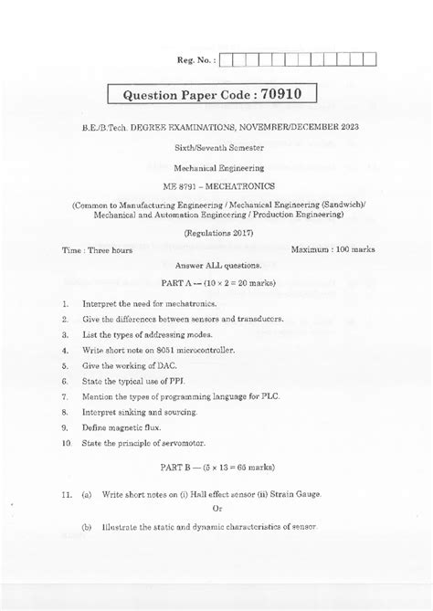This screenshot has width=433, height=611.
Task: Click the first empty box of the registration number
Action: click(x=227, y=61)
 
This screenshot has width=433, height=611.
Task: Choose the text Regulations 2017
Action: click(x=216, y=233)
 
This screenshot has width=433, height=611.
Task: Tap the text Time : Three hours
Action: click(x=88, y=248)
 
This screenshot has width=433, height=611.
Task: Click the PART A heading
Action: click(x=216, y=284)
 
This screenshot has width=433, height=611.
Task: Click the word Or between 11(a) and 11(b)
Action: click(x=216, y=509)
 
